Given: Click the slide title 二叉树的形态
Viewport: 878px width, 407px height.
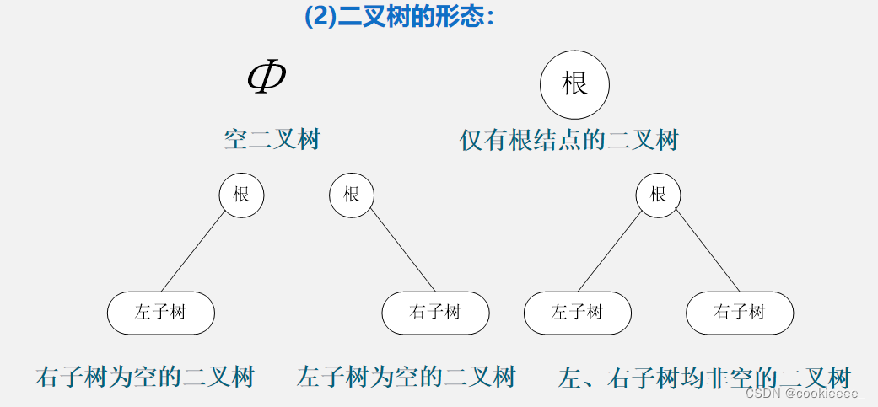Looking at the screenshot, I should point(399,16).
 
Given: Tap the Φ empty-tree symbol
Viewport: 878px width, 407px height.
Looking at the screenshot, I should point(266,77).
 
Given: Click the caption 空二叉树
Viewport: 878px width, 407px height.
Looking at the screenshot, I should point(272,139).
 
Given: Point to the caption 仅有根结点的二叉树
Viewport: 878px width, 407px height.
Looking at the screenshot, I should point(569,139).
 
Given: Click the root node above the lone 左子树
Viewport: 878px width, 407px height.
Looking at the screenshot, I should point(241,195).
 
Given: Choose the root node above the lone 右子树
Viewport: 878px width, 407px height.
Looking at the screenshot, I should point(351,195).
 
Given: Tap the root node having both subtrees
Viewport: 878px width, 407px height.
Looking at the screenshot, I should point(658,195).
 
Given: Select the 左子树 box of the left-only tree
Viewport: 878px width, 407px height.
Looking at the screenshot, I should point(160,313).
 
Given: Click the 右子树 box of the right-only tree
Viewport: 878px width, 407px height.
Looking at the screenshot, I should point(435,313).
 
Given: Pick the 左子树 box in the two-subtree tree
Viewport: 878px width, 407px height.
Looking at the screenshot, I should point(577,313).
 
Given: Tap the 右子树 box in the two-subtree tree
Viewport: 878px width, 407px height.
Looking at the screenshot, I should point(739,313).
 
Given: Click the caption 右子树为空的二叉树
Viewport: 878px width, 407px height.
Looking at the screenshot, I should point(144,376).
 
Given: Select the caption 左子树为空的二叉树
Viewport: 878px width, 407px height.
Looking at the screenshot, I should point(406,376).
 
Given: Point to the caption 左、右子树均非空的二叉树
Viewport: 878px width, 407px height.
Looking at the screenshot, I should point(704,377).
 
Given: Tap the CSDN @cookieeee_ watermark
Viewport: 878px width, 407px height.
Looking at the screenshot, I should point(805,394).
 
